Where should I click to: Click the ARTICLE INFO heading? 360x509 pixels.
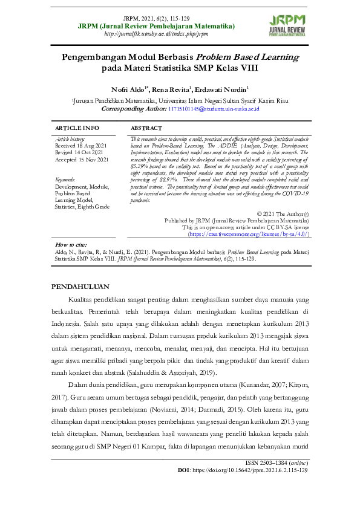point(77,128)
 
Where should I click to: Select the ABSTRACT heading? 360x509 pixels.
point(146,128)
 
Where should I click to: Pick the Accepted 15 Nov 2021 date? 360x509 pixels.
point(82,160)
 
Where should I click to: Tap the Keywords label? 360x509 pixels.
point(66,180)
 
